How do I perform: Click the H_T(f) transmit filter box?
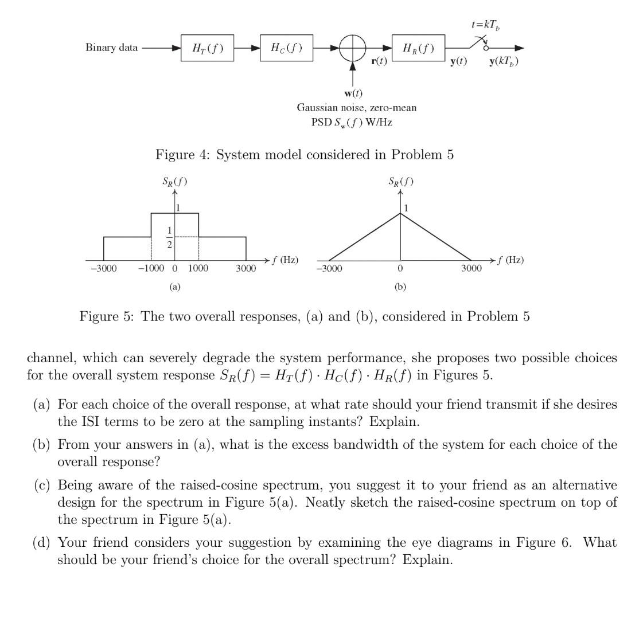(207, 48)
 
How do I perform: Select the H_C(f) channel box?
(286, 48)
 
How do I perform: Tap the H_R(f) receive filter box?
(418, 48)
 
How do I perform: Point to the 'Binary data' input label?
(111, 48)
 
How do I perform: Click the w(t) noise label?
(353, 93)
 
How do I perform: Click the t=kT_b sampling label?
(486, 26)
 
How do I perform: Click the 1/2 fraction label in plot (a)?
(169, 236)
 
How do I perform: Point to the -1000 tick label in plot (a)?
(151, 269)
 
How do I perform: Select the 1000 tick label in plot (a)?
(198, 269)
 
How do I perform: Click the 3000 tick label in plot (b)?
(471, 269)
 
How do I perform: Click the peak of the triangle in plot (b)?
(400, 213)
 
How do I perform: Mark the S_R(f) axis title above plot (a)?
(174, 183)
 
